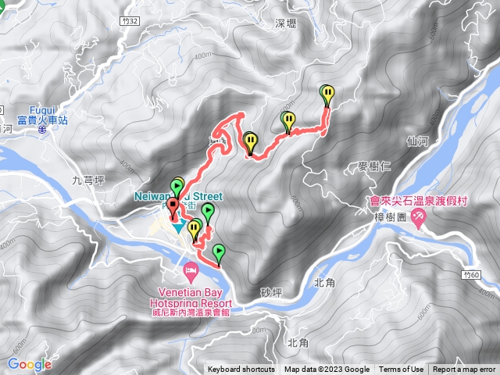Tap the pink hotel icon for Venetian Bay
tap(190, 272)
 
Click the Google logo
tap(30, 364)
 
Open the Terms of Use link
tap(402, 370)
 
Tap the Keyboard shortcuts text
tap(241, 370)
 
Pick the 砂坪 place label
tap(270, 292)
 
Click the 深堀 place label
tap(287, 24)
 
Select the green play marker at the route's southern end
tap(219, 251)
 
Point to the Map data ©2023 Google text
tap(327, 370)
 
